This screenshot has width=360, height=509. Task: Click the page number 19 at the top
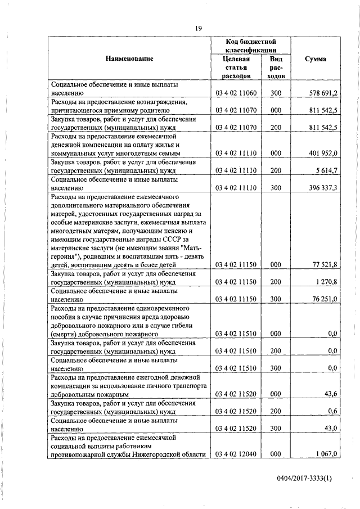[x=199, y=28]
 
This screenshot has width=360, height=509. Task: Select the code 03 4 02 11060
[x=236, y=92]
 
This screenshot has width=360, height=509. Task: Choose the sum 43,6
[x=331, y=395]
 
